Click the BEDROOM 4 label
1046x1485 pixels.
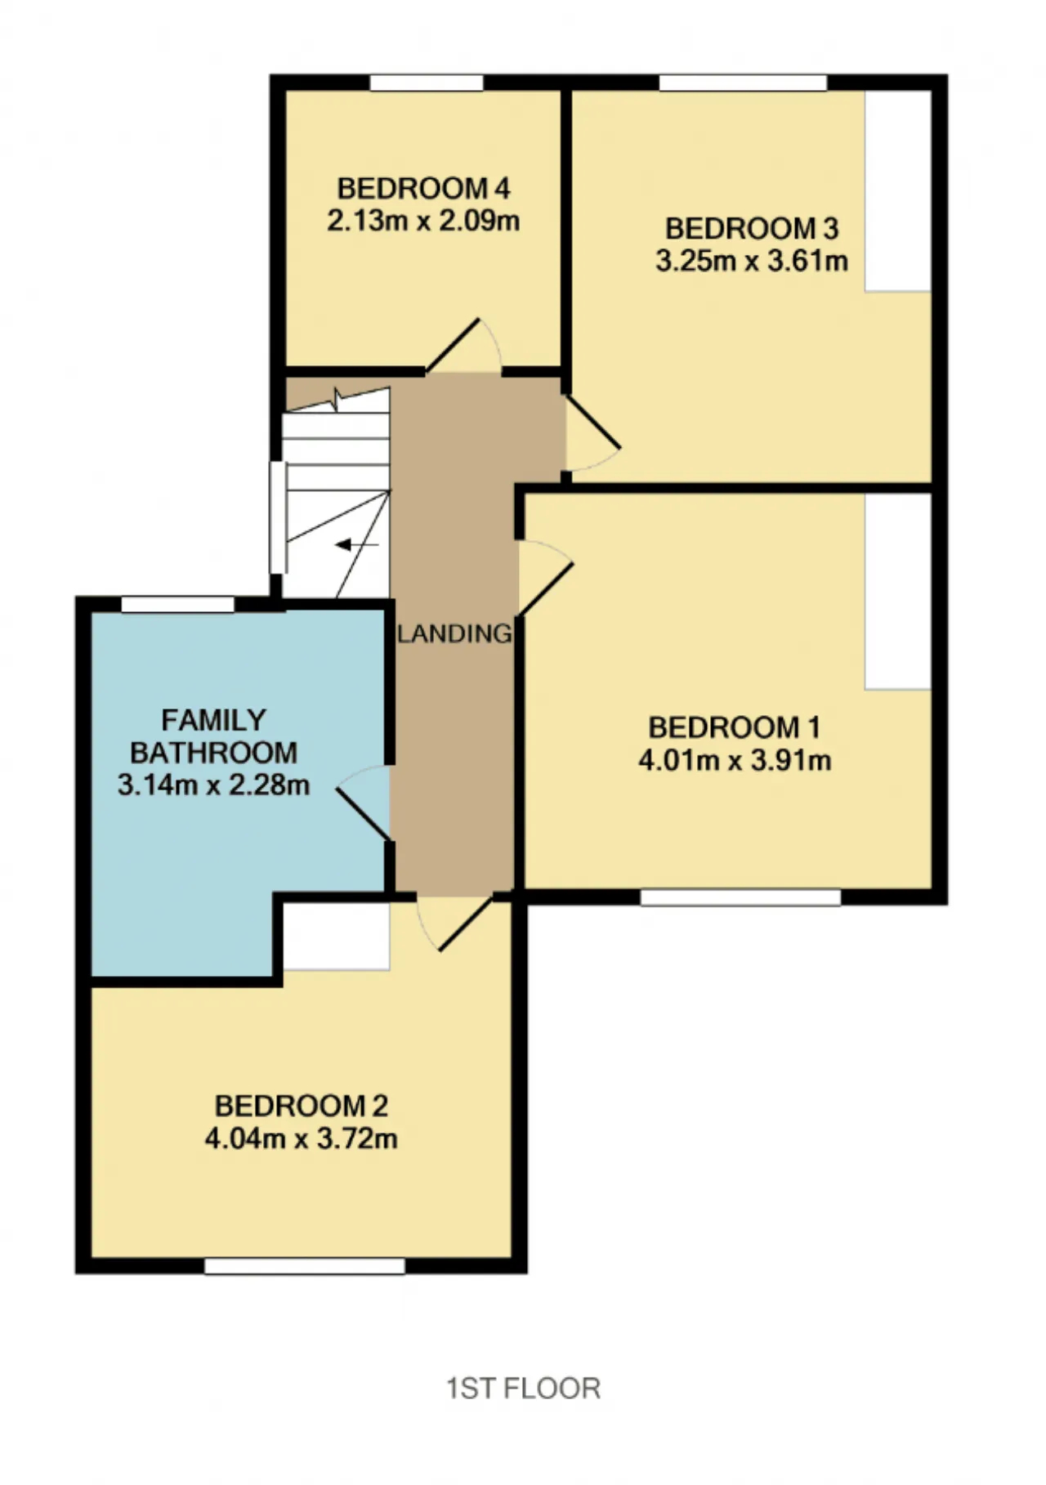click(x=423, y=189)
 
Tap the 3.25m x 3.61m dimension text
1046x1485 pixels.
click(x=752, y=261)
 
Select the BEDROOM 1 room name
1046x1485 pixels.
click(x=734, y=727)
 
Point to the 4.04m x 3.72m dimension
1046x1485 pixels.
click(x=301, y=1138)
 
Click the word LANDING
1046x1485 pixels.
click(x=455, y=633)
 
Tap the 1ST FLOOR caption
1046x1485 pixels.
click(x=524, y=1389)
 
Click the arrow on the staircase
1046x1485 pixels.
click(x=357, y=544)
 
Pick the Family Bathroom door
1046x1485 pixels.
click(x=363, y=803)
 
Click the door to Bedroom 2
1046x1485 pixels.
click(x=454, y=923)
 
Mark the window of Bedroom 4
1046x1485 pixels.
click(x=427, y=83)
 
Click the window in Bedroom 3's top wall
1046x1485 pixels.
click(x=743, y=83)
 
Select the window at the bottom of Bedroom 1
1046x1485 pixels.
click(x=740, y=897)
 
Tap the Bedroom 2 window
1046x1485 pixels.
click(x=305, y=1266)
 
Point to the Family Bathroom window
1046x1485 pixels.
click(x=178, y=605)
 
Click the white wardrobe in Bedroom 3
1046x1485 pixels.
click(x=898, y=190)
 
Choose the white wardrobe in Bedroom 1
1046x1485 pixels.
click(x=898, y=592)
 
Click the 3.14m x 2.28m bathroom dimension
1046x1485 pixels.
click(x=213, y=785)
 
